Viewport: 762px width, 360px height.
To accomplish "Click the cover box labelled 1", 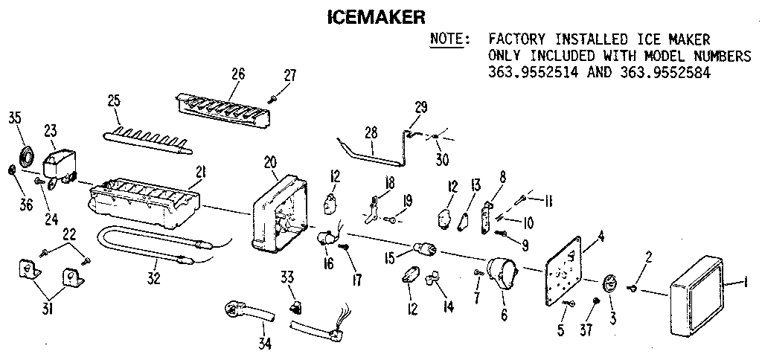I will click(x=696, y=286).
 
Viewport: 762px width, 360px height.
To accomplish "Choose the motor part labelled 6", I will click(x=500, y=274).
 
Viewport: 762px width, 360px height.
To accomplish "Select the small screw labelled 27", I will click(x=274, y=97).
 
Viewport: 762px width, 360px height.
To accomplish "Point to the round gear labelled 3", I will click(x=609, y=285).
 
